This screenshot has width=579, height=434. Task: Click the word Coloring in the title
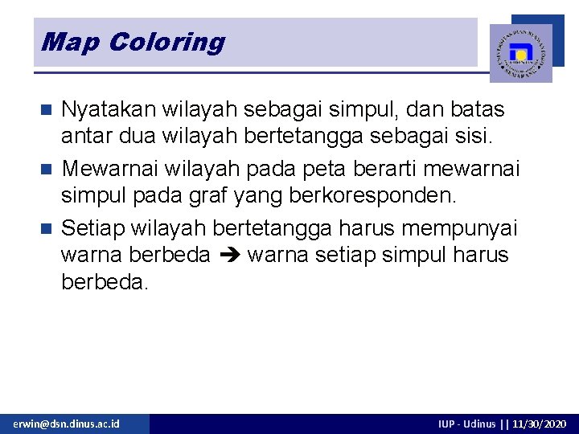(167, 42)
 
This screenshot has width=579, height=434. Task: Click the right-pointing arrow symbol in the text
(229, 256)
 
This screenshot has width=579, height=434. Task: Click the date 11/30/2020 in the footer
(538, 424)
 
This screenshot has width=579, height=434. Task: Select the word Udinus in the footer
(480, 424)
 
